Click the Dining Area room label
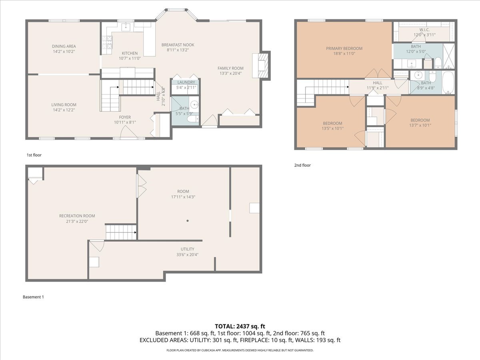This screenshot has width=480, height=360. tap(64, 46)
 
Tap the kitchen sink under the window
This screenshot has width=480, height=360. tap(126, 27)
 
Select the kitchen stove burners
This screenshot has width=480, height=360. tap(107, 42)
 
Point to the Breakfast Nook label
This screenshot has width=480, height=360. tap(178, 45)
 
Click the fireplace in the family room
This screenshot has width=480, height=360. tap(261, 65)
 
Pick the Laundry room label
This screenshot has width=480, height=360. tap(186, 82)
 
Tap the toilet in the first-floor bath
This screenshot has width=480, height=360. tap(193, 119)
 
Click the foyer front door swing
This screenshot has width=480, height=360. tap(129, 132)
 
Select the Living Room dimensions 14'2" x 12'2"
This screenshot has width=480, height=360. tap(64, 110)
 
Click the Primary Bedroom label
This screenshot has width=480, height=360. tap(344, 48)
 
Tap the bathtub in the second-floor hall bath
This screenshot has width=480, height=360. tap(448, 83)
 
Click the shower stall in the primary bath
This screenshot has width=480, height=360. tap(449, 56)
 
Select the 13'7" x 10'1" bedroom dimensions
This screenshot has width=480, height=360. tap(420, 126)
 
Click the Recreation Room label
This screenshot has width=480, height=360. tap(77, 216)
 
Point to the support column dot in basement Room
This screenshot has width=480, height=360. tap(188, 221)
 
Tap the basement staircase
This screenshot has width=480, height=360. tap(121, 232)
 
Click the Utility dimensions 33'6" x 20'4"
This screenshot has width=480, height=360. tap(188, 255)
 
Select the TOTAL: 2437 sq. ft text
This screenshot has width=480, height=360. tap(240, 326)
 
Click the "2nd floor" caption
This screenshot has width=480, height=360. tap(302, 165)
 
